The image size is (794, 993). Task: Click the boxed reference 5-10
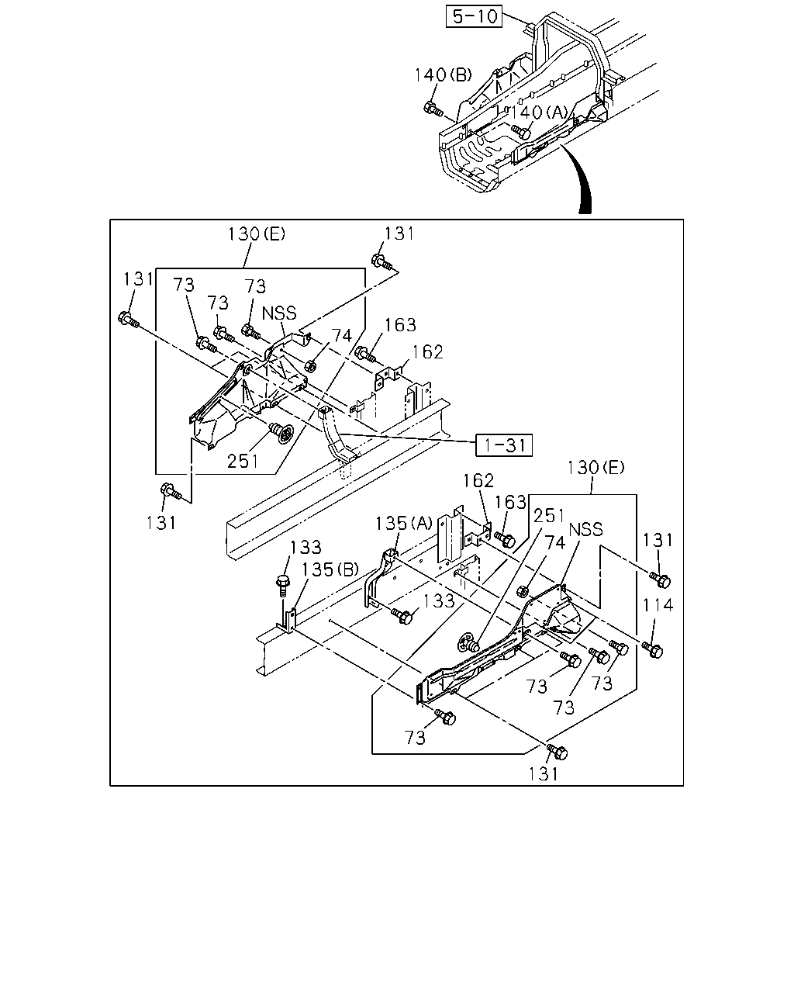click(474, 16)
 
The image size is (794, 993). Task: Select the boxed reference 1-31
click(504, 445)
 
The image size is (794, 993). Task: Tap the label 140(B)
click(443, 74)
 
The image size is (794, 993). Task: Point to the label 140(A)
click(538, 112)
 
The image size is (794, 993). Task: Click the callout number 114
click(658, 605)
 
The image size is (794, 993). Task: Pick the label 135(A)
click(403, 523)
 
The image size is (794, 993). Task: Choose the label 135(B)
click(330, 570)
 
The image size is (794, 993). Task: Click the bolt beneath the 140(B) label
click(433, 109)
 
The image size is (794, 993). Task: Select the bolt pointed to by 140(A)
click(523, 133)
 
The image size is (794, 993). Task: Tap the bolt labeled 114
click(652, 649)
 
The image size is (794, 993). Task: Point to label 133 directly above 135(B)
click(305, 547)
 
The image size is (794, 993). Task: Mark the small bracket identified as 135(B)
click(288, 621)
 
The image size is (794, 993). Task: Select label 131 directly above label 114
click(658, 540)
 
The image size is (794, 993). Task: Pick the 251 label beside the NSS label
click(548, 515)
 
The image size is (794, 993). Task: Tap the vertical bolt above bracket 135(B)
click(282, 586)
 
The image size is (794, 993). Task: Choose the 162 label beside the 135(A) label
click(478, 481)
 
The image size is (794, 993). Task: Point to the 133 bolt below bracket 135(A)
click(402, 616)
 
